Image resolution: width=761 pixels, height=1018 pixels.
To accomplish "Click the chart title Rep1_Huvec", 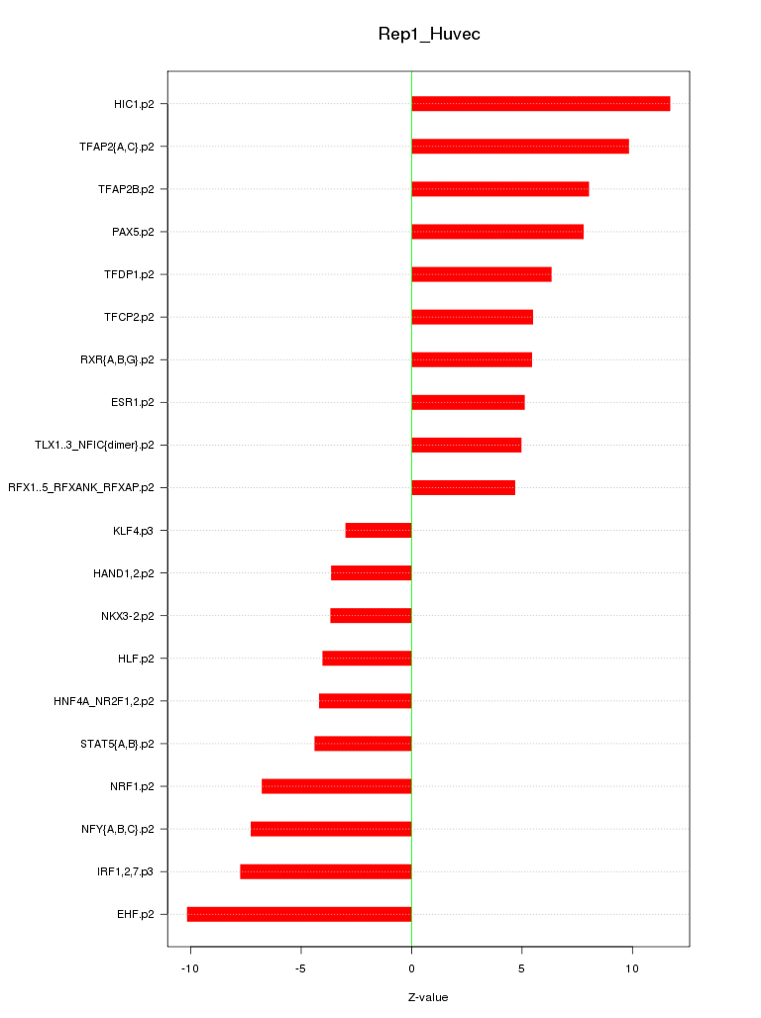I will click(x=429, y=34).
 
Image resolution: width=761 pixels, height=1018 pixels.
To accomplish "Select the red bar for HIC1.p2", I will click(x=540, y=104).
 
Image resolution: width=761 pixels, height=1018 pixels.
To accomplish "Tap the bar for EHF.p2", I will click(x=299, y=914).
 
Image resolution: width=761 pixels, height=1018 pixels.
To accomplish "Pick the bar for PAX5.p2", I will click(x=497, y=232).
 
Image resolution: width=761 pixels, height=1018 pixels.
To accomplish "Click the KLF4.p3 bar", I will click(x=379, y=531).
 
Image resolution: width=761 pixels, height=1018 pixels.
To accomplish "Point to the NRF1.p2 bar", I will click(x=337, y=786).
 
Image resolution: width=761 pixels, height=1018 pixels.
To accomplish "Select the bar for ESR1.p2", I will click(x=468, y=402).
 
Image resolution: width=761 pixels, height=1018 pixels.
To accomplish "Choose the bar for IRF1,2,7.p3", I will click(x=326, y=871).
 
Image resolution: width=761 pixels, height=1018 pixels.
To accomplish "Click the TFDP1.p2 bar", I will click(x=482, y=274).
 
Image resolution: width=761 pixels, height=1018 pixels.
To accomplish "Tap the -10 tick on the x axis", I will click(x=190, y=966).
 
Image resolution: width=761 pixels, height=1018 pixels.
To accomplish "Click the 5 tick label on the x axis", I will click(x=521, y=966).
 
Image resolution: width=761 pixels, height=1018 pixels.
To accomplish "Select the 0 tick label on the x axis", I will click(x=411, y=966).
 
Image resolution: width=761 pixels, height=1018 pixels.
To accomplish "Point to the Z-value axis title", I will click(x=428, y=997).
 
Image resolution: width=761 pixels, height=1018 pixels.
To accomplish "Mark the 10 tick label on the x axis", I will click(x=631, y=966).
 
